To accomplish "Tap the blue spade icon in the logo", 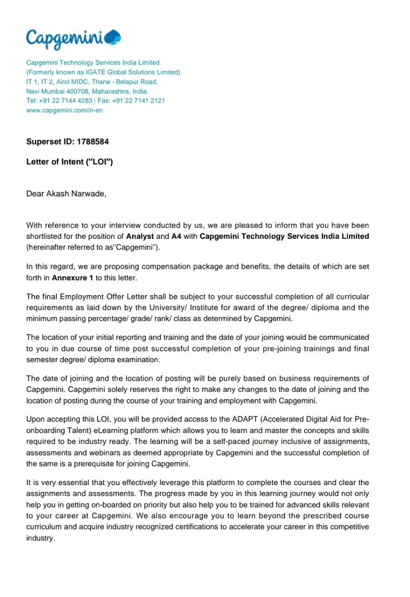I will click(113, 36).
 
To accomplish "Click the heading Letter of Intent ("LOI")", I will click(70, 162).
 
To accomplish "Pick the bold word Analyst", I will click(140, 236).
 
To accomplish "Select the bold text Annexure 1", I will click(72, 278).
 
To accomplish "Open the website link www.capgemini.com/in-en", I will click(64, 111).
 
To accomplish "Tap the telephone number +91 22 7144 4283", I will click(66, 101).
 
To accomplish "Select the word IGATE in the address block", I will click(96, 72).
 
